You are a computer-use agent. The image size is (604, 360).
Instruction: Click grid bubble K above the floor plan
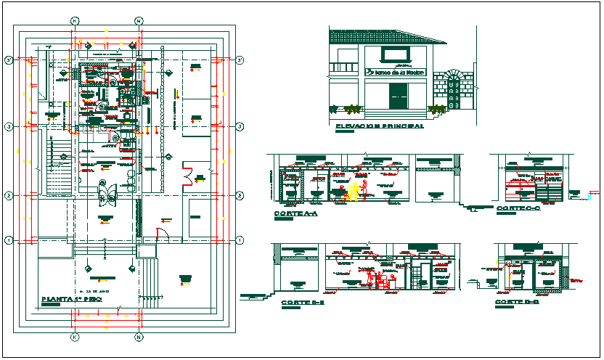coord(74,21)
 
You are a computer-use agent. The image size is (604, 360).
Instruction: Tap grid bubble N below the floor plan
coord(138,337)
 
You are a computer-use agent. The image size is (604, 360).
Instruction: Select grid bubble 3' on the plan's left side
coord(8,60)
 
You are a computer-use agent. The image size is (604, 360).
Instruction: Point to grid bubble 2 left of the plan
coord(8,195)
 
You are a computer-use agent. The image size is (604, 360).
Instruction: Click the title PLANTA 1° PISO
coord(70,299)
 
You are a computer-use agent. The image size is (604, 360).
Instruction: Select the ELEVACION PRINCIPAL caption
coord(380,126)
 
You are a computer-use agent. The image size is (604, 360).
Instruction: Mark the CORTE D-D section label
coord(517,301)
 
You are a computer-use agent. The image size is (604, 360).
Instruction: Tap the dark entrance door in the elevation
coord(399,96)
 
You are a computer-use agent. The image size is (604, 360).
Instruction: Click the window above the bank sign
coord(396,54)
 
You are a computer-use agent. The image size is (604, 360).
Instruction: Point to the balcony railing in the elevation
coord(346,69)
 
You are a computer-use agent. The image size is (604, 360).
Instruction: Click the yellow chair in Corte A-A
coord(354,190)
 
